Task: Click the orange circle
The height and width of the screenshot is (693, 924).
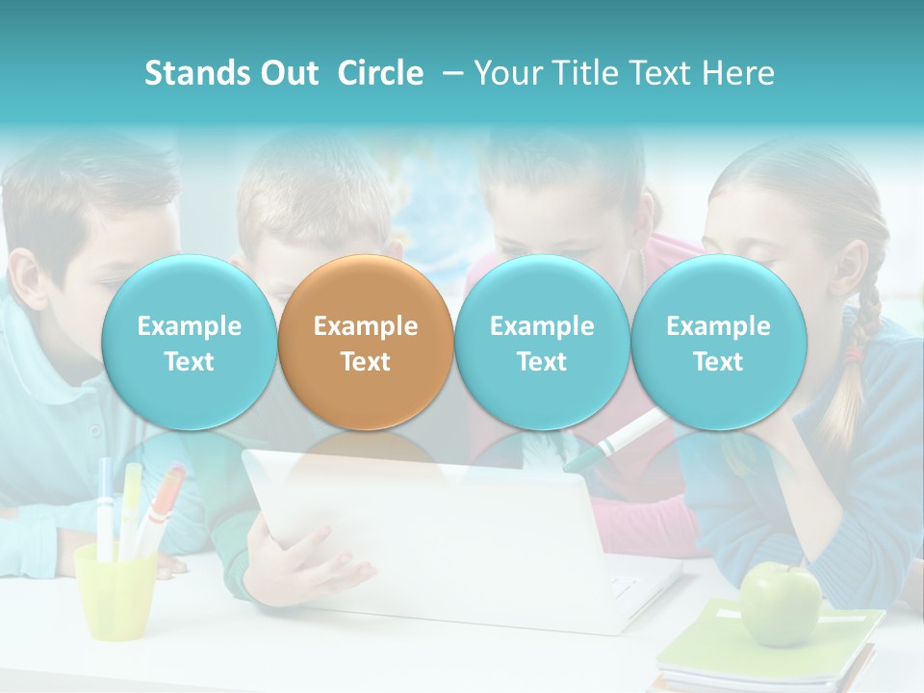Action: (x=366, y=343)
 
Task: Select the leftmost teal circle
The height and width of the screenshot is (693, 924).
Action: (x=189, y=343)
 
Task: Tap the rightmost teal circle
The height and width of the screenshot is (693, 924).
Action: (x=718, y=343)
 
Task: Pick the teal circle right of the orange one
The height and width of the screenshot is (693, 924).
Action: (x=542, y=343)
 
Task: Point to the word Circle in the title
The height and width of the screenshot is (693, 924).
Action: (x=380, y=73)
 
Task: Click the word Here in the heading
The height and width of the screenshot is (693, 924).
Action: (x=740, y=73)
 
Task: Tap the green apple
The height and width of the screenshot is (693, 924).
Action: (x=780, y=604)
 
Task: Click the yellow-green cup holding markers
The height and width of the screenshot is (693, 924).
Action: (x=115, y=592)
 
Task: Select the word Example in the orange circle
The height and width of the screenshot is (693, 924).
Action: (x=366, y=326)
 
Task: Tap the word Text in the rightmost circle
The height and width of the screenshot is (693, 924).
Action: (x=718, y=362)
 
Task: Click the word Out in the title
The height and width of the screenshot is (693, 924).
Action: (x=290, y=73)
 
